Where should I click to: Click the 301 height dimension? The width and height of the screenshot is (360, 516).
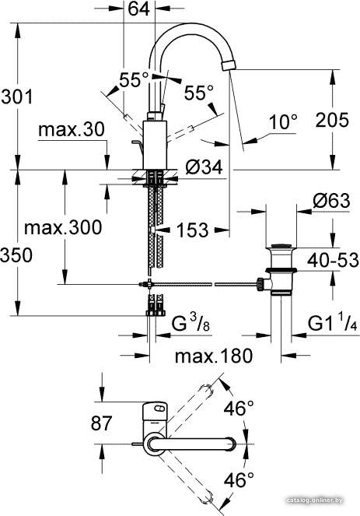17,97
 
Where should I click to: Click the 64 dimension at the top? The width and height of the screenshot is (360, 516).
139,9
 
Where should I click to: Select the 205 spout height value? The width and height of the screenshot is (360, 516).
332,120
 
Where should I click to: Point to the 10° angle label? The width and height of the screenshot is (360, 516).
283,122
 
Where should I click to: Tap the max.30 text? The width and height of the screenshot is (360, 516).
72,129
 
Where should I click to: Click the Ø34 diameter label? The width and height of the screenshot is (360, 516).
204,167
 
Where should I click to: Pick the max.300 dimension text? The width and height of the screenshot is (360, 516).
63,227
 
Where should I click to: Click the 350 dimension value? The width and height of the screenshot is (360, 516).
16,255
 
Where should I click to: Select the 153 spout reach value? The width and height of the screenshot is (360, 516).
192,230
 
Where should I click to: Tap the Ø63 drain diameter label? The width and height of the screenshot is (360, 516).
331,201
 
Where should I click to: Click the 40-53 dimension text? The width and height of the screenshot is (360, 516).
333,260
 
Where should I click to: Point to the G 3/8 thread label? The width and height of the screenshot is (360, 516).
190,324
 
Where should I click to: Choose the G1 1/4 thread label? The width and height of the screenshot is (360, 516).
332,324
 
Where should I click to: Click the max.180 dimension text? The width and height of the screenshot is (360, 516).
214,356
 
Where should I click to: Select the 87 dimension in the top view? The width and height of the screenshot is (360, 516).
102,423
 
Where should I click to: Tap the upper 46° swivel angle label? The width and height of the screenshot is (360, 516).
239,408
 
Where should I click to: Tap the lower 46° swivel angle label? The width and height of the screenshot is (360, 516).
239,479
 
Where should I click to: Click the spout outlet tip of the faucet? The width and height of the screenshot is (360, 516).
229,65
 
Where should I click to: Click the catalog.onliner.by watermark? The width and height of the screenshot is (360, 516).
315,510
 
